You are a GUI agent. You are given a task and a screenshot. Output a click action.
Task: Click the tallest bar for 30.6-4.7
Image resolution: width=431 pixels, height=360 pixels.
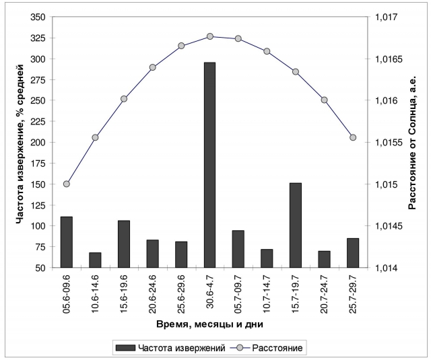tap(209, 165)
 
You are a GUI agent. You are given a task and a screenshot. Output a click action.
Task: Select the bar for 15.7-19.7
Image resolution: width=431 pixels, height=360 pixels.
tap(296, 225)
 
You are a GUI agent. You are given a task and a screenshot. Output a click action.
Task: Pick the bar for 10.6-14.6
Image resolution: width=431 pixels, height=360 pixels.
tap(95, 260)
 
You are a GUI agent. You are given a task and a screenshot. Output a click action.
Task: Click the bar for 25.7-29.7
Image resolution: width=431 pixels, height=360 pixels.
tap(353, 253)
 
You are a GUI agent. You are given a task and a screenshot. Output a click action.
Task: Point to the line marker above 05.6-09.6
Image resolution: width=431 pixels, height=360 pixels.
tap(66, 184)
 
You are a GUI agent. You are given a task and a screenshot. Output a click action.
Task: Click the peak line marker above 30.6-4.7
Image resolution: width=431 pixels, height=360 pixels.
tap(209, 36)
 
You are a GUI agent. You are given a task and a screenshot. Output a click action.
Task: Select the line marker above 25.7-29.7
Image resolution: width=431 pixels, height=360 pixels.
tap(353, 137)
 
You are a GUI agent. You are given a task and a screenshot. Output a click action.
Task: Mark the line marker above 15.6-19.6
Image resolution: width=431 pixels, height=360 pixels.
tap(124, 99)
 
